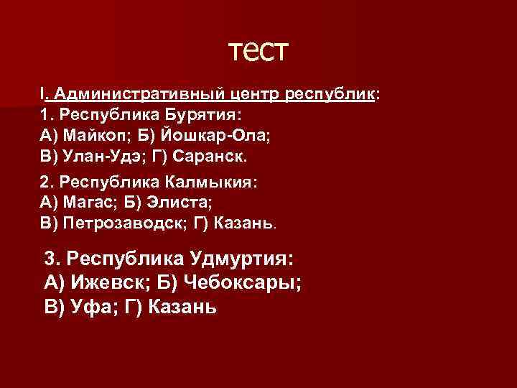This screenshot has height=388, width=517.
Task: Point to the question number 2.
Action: pyautogui.click(x=45, y=182)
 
